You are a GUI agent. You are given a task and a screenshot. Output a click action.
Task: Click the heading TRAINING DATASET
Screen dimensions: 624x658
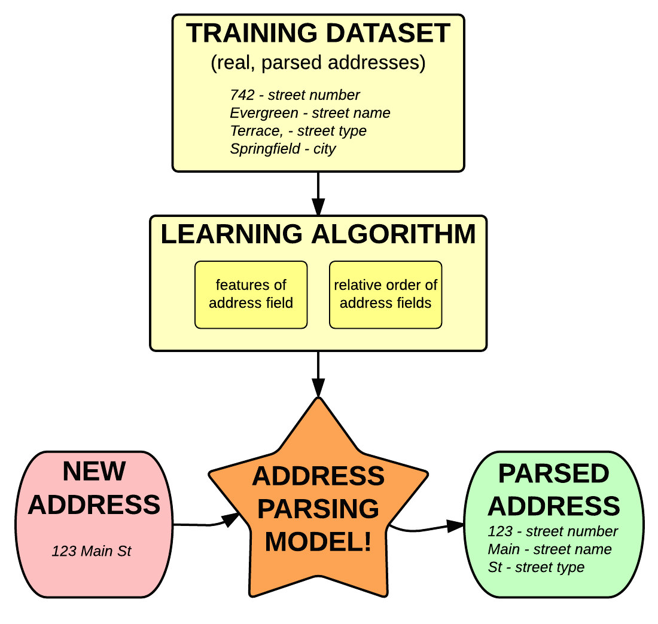pyautogui.click(x=318, y=33)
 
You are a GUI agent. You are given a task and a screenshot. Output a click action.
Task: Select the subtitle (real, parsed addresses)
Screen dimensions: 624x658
pyautogui.click(x=318, y=63)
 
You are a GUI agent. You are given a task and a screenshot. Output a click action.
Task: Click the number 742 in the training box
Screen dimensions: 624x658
pyautogui.click(x=242, y=95)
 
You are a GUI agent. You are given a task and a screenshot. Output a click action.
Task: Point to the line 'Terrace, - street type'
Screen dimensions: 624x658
pyautogui.click(x=298, y=131)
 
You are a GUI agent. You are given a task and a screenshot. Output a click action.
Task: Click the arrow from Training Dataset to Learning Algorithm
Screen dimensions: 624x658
pyautogui.click(x=318, y=194)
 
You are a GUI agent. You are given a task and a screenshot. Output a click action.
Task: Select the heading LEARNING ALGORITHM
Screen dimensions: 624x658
pyautogui.click(x=318, y=234)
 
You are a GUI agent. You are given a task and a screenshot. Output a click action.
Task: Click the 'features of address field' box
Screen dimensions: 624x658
pyautogui.click(x=251, y=294)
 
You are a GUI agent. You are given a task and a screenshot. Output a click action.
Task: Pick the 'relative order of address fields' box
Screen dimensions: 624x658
pyautogui.click(x=385, y=294)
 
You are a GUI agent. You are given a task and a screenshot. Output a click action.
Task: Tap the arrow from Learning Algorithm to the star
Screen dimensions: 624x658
pyautogui.click(x=318, y=374)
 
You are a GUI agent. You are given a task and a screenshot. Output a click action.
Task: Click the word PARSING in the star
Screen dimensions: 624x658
pyautogui.click(x=318, y=509)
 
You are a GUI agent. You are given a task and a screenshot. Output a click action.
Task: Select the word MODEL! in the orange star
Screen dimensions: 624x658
pyautogui.click(x=318, y=542)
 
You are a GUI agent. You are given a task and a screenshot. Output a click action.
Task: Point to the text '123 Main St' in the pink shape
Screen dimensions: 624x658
pyautogui.click(x=91, y=551)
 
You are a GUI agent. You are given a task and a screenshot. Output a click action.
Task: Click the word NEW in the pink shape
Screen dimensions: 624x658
pyautogui.click(x=94, y=472)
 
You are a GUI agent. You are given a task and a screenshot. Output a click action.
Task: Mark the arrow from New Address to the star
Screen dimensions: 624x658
pyautogui.click(x=206, y=524)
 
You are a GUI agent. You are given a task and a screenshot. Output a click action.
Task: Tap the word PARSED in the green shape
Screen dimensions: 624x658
pyautogui.click(x=553, y=474)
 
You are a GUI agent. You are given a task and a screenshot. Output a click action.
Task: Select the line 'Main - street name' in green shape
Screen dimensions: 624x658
pyautogui.click(x=549, y=549)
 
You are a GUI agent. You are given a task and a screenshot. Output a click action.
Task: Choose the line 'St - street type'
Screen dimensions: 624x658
pyautogui.click(x=536, y=567)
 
